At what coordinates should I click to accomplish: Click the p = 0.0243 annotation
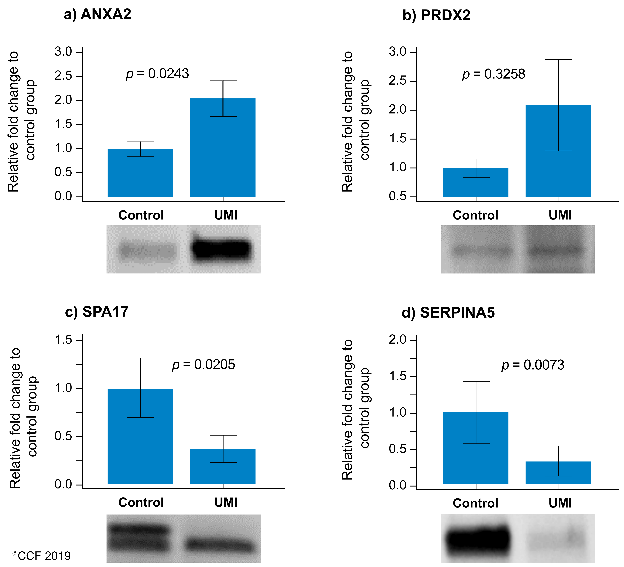pos(157,74)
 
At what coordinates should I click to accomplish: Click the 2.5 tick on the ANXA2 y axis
pos(63,76)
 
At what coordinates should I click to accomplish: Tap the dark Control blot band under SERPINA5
pos(478,540)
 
